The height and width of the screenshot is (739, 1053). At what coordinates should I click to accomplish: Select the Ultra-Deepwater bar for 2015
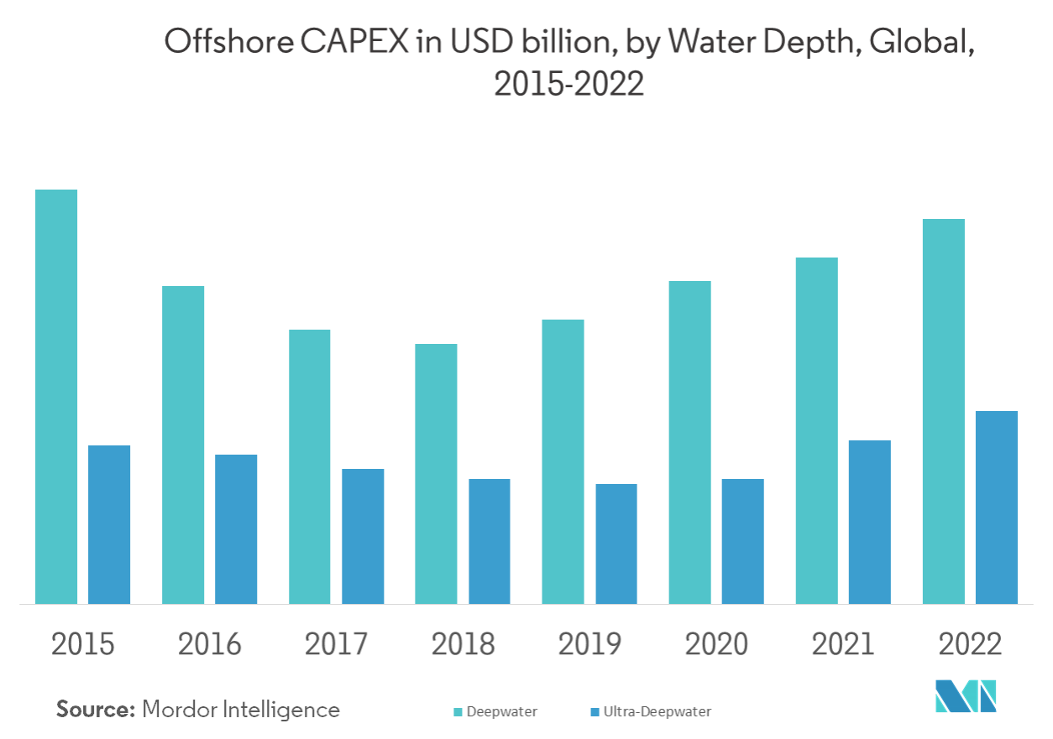[x=109, y=524]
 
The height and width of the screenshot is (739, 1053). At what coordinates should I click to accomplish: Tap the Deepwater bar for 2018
[x=436, y=473]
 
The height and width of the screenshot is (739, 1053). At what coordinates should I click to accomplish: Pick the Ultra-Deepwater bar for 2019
[x=616, y=544]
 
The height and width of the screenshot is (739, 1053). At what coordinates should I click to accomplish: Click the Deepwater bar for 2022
[x=943, y=411]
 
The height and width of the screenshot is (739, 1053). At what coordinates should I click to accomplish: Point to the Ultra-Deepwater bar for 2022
[x=996, y=507]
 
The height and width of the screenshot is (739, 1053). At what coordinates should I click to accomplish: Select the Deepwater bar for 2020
[x=689, y=442]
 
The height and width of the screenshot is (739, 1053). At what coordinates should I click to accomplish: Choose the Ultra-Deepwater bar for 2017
[x=363, y=536]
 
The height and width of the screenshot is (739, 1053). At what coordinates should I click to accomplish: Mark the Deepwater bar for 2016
[x=183, y=445]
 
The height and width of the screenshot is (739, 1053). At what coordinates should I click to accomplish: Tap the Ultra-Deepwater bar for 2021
[x=869, y=522]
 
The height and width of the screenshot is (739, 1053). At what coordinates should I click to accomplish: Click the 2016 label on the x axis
[x=209, y=644]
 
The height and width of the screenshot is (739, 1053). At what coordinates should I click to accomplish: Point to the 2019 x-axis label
[x=589, y=644]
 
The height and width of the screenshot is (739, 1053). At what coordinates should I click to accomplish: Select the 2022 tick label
[x=970, y=644]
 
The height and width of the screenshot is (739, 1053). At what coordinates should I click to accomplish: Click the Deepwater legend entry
[x=495, y=712]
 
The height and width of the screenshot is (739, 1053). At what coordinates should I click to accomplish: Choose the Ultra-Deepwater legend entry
[x=651, y=712]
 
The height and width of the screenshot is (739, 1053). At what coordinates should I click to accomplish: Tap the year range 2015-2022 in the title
[x=569, y=84]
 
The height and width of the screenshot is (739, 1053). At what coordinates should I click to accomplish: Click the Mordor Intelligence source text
[x=242, y=710]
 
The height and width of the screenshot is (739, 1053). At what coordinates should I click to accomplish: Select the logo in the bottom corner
[x=965, y=695]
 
